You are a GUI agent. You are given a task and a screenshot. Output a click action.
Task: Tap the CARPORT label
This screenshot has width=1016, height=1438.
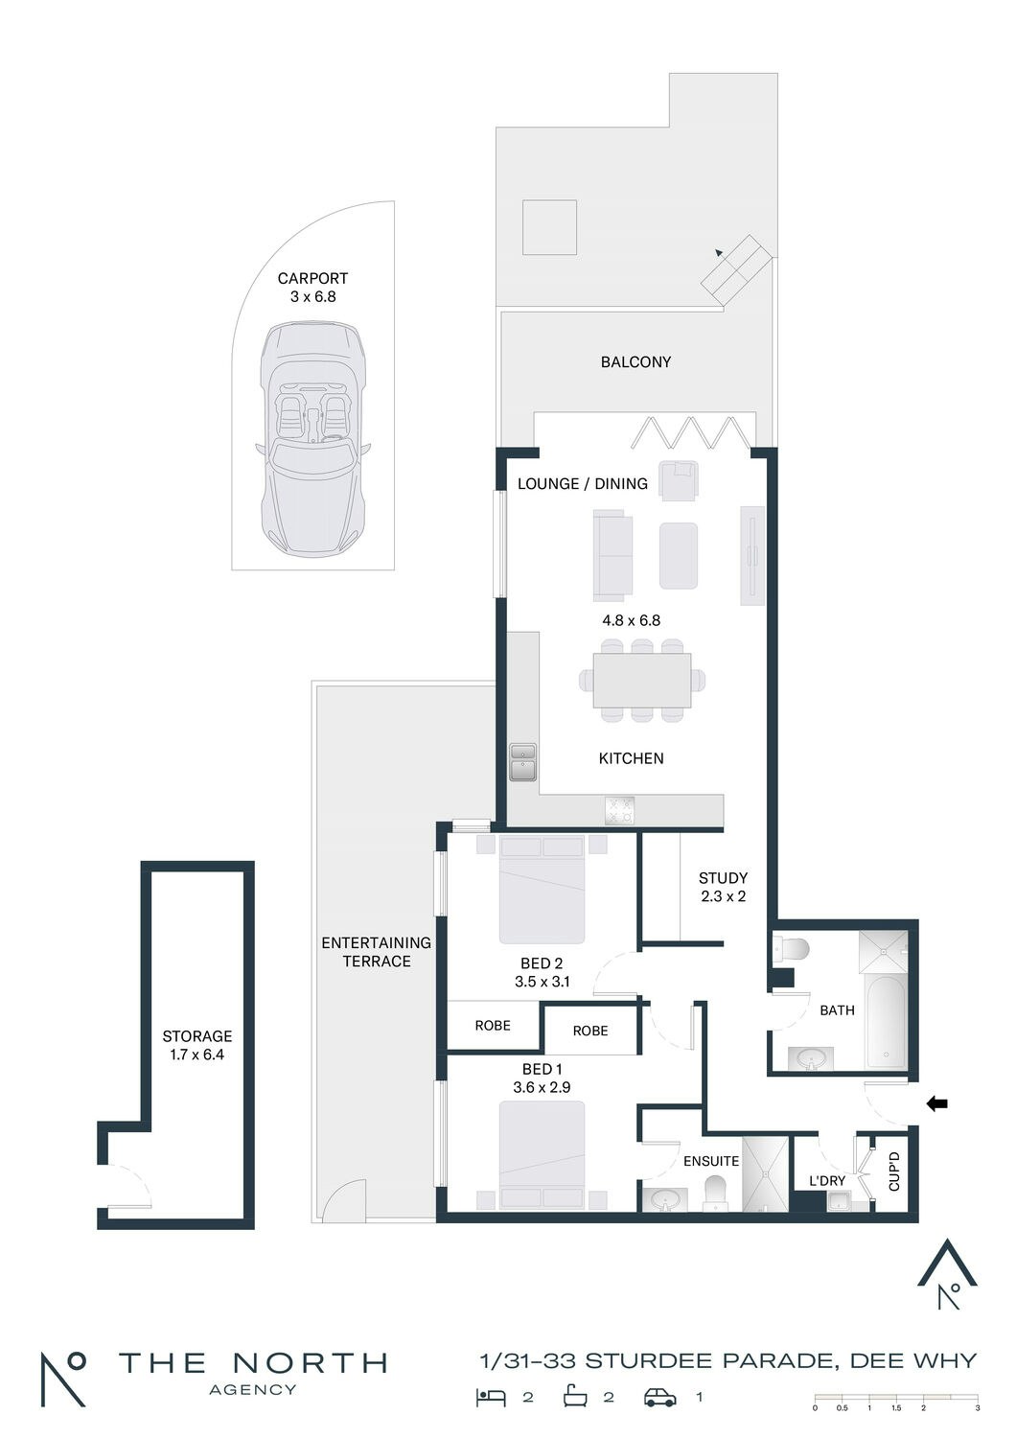point(312,278)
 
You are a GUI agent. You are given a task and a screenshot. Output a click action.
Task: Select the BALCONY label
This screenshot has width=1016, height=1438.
point(635,362)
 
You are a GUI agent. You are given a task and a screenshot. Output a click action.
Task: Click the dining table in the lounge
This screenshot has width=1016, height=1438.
point(642,680)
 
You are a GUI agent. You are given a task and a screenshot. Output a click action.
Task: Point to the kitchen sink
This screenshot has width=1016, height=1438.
point(523,762)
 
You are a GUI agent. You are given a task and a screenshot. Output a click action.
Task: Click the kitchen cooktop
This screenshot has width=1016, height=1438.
point(620,810)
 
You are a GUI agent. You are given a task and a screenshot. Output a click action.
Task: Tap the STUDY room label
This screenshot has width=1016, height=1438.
point(723,877)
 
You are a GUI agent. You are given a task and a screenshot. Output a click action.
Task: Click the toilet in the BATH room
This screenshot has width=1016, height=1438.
point(792,948)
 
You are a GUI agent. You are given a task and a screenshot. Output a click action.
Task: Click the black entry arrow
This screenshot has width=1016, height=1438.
point(937,1103)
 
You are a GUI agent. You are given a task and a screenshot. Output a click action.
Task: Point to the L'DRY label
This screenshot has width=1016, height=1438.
point(826,1180)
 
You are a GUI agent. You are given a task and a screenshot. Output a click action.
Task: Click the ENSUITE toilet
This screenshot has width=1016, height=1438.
point(714,1195)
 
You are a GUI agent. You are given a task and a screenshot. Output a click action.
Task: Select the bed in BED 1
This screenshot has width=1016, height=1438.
point(542,1155)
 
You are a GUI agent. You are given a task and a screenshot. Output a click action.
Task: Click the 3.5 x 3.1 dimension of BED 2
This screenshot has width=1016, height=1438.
point(542,981)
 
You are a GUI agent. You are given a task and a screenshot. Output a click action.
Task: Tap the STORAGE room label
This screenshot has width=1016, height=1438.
point(197,1035)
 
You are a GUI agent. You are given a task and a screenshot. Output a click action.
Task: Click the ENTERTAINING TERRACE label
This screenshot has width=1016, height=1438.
point(376,951)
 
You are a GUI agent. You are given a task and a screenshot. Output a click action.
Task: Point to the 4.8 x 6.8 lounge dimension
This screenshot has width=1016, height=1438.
point(631,620)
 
